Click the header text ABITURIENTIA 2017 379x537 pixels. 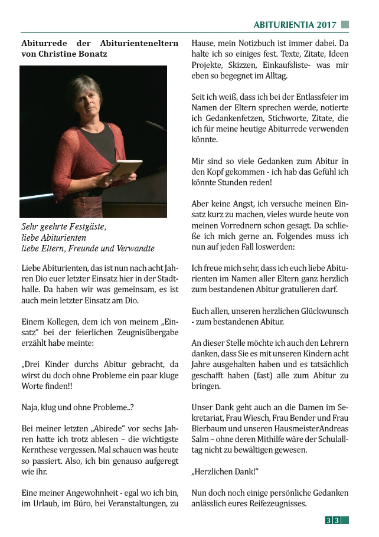(295, 25)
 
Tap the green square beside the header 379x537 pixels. (345, 25)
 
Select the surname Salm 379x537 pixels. (202, 439)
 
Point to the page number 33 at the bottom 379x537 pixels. (332, 520)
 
